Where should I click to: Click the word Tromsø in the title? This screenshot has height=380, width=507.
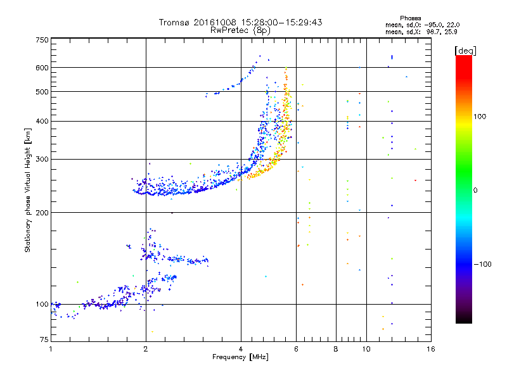[175, 22]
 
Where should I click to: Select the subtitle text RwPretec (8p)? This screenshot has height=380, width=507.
[240, 30]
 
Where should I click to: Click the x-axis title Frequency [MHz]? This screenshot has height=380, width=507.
[240, 357]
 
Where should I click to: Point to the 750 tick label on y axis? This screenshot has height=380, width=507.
[42, 40]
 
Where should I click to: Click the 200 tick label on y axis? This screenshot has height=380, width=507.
[42, 213]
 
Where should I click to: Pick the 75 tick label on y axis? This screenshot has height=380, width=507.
[44, 339]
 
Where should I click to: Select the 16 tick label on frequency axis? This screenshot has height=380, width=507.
[431, 349]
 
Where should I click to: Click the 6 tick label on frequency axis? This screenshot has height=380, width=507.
[296, 349]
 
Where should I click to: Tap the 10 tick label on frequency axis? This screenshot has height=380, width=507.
[366, 349]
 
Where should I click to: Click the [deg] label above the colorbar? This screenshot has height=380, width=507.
[465, 51]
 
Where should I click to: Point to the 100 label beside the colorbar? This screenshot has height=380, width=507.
[480, 117]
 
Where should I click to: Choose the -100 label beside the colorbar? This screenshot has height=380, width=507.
[483, 264]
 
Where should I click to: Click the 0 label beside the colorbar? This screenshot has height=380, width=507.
[475, 191]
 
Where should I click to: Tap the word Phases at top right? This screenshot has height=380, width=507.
[410, 18]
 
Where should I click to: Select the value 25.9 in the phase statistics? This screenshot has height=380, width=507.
[451, 32]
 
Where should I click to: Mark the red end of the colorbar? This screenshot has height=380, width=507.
[464, 56]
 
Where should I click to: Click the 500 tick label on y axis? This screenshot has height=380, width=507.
[42, 92]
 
